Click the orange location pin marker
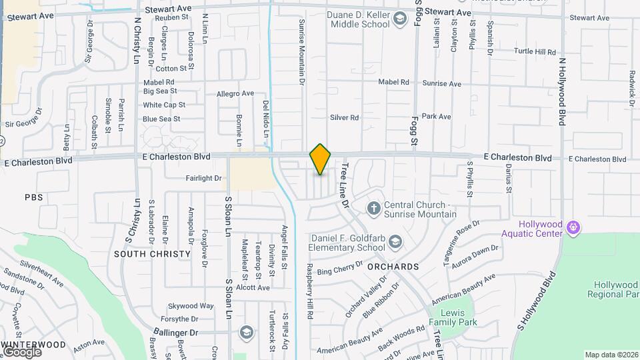(321, 159)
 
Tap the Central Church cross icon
(373, 209)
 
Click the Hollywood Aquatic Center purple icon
(572, 229)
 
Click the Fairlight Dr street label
(204, 178)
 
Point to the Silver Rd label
(345, 117)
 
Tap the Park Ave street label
(437, 117)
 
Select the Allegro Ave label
(235, 94)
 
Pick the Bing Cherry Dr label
(339, 271)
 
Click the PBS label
(33, 197)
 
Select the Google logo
(21, 352)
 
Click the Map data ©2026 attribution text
(611, 355)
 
